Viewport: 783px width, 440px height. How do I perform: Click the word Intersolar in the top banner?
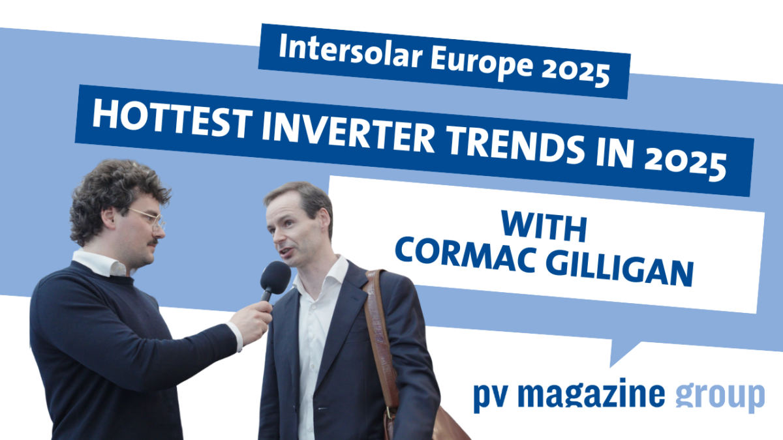click(x=351, y=52)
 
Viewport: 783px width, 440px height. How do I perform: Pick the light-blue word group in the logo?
click(x=720, y=398)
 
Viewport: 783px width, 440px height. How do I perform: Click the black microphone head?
click(x=275, y=278)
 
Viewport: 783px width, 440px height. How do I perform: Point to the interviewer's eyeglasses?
click(x=147, y=218)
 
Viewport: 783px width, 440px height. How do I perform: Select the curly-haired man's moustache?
click(x=153, y=242)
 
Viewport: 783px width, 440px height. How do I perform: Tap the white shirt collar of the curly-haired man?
click(x=100, y=263)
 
